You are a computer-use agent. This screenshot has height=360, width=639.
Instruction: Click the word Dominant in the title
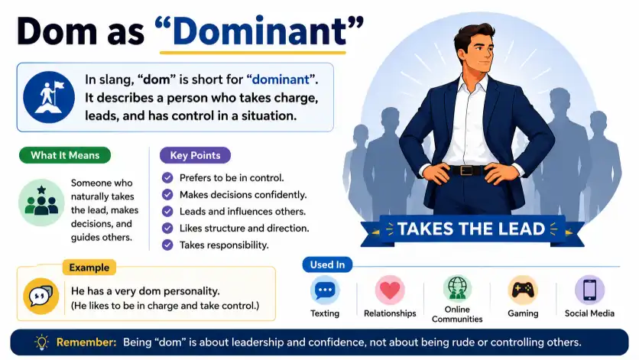259,31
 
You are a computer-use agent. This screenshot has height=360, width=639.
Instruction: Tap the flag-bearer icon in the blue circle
49,97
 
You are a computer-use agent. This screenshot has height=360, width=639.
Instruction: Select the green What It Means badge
65,155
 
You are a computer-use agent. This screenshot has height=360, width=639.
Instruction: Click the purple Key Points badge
195,155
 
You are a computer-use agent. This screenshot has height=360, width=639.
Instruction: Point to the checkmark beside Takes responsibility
167,245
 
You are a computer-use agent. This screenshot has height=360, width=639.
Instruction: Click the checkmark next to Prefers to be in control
167,178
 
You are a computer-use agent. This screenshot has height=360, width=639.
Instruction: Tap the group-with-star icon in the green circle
41,203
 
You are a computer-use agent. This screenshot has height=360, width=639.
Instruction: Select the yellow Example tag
89,268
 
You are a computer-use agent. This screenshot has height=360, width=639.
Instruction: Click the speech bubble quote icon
41,296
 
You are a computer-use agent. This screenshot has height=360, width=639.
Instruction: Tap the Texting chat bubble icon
325,290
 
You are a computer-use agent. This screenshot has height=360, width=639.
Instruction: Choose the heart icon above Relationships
390,290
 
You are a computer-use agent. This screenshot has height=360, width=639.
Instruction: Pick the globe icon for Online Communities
457,288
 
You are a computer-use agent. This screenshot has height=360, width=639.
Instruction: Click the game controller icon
523,290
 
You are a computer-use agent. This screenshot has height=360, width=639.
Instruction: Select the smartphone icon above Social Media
589,290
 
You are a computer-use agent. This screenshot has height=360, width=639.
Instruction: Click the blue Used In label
327,264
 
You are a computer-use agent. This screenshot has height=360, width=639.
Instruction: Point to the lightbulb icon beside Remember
41,342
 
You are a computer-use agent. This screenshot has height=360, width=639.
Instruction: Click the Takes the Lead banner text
471,229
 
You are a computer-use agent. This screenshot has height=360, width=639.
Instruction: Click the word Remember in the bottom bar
86,342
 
